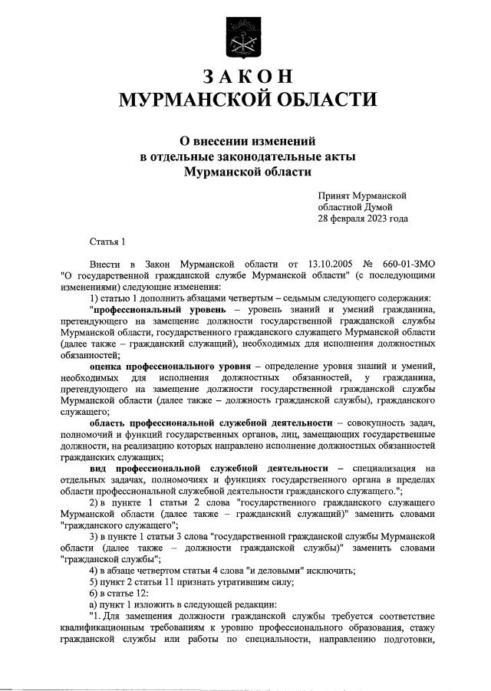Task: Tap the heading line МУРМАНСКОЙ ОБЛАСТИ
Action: (x=245, y=100)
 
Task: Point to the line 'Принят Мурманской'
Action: (x=362, y=196)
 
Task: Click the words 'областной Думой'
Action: (x=355, y=207)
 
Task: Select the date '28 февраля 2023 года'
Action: (x=363, y=219)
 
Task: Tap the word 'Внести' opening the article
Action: (x=106, y=264)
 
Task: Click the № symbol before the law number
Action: (x=377, y=264)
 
